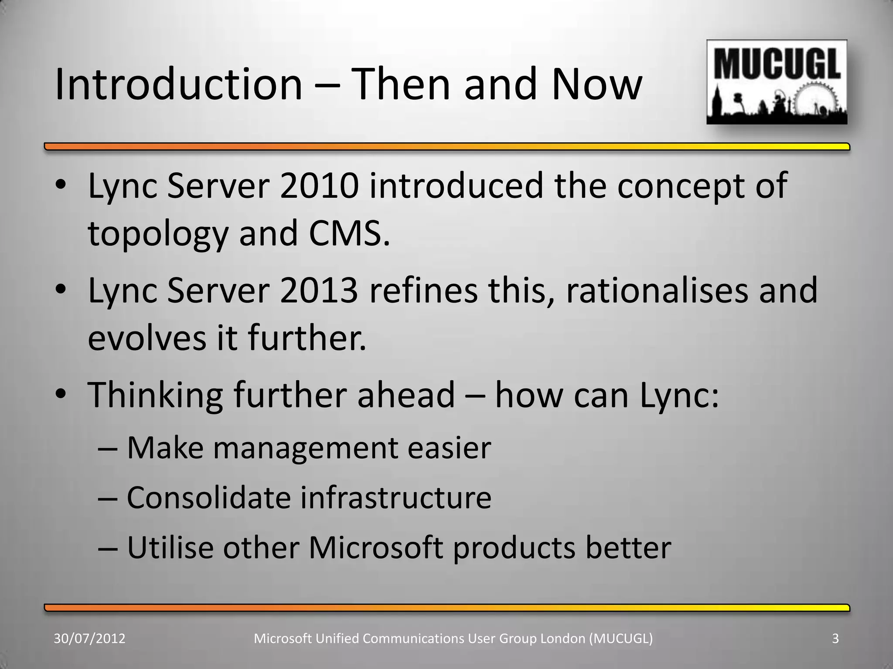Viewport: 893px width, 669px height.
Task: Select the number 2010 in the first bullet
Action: pyautogui.click(x=320, y=186)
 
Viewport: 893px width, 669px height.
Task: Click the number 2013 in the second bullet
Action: pyautogui.click(x=320, y=291)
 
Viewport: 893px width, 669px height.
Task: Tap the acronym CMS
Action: pyautogui.click(x=349, y=233)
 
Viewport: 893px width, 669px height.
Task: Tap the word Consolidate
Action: pyautogui.click(x=208, y=497)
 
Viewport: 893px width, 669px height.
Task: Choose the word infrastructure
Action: pyautogui.click(x=395, y=497)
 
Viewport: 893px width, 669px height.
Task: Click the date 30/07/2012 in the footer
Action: pyautogui.click(x=89, y=639)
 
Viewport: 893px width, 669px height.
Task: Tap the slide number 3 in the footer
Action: pyautogui.click(x=835, y=639)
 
